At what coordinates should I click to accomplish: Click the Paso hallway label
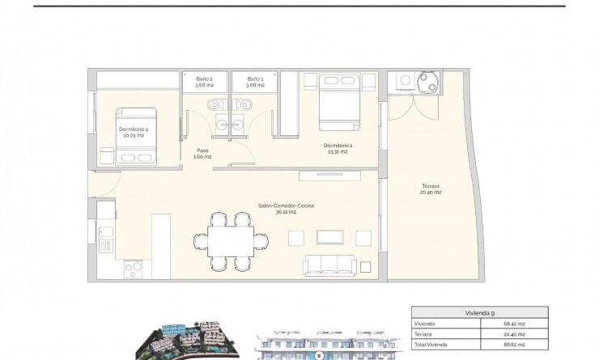203,153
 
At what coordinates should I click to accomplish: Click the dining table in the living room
230,240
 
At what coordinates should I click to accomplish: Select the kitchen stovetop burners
134,269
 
